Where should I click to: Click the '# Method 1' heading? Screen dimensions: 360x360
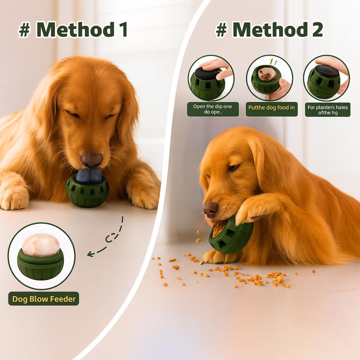[73, 29]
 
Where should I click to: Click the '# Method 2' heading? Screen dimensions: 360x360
[269, 30]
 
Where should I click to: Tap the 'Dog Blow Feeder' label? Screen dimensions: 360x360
[44, 299]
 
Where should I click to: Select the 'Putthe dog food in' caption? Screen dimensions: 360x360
[271, 108]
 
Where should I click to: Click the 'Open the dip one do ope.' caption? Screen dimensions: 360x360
[213, 109]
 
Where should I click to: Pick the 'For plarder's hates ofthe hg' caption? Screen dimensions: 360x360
[327, 109]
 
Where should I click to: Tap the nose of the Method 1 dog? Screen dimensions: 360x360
[92, 159]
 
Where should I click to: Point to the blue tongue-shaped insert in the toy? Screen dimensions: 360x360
[89, 176]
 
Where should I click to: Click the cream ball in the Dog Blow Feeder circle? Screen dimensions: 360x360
[41, 245]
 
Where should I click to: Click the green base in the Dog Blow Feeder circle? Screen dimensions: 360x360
[40, 267]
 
